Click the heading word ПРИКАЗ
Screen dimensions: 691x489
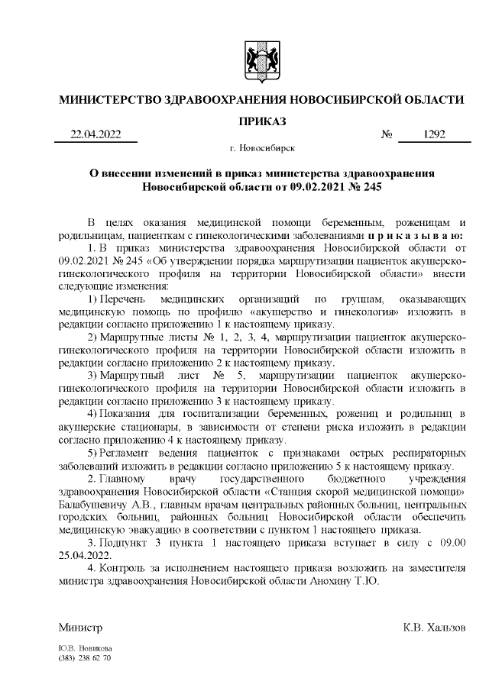(261, 121)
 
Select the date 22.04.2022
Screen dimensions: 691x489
(96, 134)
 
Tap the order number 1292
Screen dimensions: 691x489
(434, 134)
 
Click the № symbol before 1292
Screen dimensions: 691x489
(387, 135)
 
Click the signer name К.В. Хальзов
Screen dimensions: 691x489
(434, 628)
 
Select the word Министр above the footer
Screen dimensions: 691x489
(80, 628)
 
